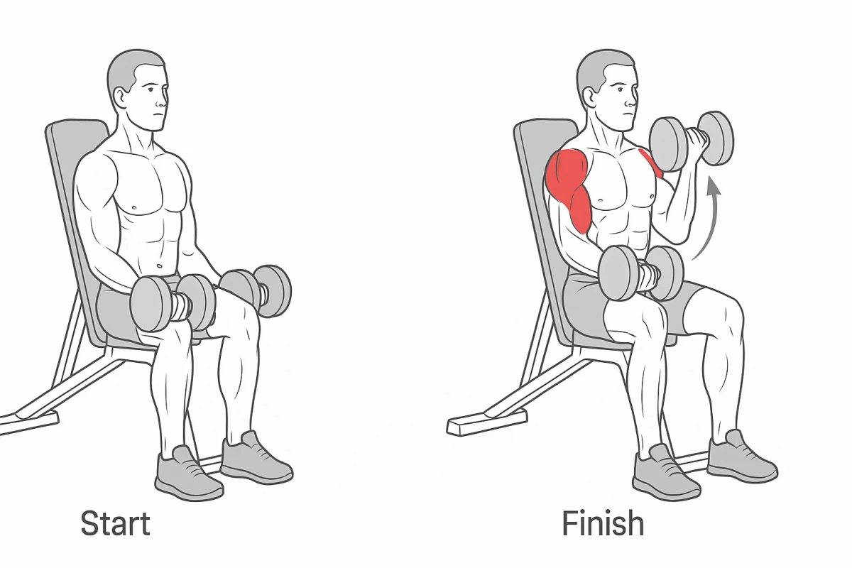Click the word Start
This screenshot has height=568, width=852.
[x=116, y=523]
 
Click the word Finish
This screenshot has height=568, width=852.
[x=603, y=523]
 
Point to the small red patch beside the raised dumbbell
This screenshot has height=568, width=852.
[x=652, y=163]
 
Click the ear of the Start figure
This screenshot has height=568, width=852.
[x=121, y=99]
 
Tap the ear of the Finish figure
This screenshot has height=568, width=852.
[x=591, y=98]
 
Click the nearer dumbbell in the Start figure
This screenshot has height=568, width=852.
[x=173, y=304]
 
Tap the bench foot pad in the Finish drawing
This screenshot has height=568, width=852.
[x=486, y=421]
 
